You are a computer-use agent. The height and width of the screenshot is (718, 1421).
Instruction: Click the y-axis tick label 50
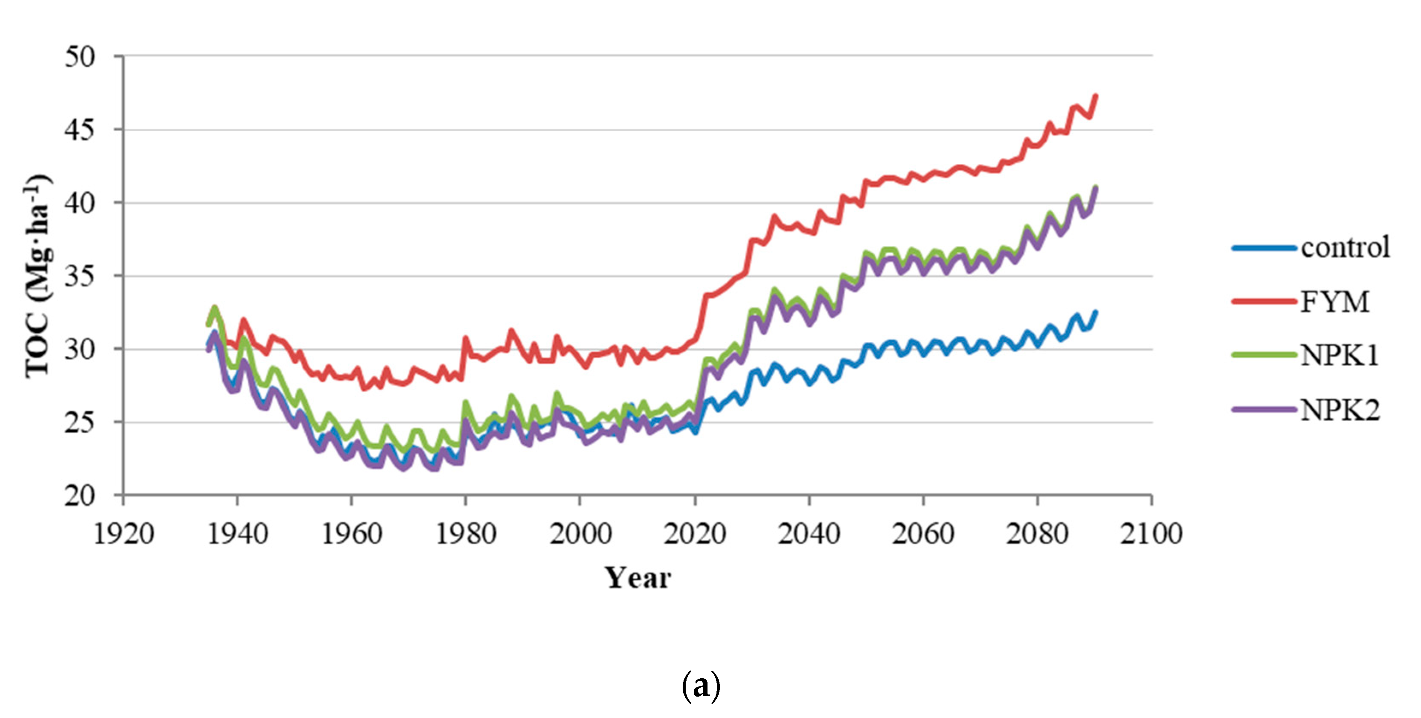[x=80, y=57]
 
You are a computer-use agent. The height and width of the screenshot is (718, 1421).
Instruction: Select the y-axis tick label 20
[x=80, y=496]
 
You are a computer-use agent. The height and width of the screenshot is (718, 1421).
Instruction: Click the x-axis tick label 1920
[x=124, y=534]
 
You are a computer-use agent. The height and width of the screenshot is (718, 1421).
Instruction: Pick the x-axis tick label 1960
[x=351, y=534]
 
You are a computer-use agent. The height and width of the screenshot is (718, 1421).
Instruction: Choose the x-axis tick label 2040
[x=809, y=534]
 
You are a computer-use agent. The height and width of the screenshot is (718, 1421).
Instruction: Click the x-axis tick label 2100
[x=1151, y=534]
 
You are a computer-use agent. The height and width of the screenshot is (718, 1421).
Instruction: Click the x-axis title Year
[x=638, y=578]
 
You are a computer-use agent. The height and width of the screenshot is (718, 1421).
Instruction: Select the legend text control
[x=1345, y=248]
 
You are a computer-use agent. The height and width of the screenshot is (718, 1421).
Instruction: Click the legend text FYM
[x=1335, y=301]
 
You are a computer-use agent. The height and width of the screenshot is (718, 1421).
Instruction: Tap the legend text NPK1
[x=1340, y=355]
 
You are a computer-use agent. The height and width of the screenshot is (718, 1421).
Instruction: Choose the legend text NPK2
[x=1341, y=410]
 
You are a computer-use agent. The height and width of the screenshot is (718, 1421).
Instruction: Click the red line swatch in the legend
[x=1264, y=301]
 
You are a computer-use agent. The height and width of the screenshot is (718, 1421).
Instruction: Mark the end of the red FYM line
[x=1095, y=96]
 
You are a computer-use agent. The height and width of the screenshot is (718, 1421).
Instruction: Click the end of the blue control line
[x=1095, y=312]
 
